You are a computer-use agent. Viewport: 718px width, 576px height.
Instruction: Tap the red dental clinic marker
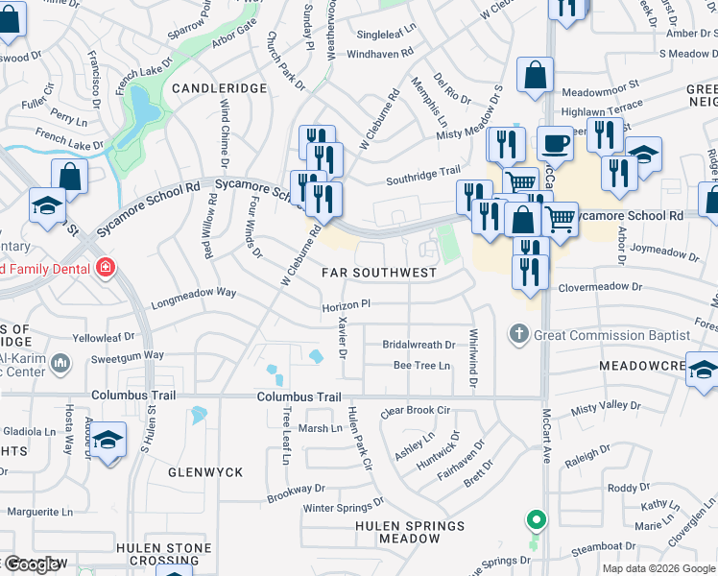pyautogui.click(x=105, y=268)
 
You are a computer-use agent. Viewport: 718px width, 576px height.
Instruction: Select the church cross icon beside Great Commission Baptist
pyautogui.click(x=519, y=335)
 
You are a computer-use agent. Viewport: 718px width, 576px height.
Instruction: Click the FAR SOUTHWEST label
pyautogui.click(x=379, y=273)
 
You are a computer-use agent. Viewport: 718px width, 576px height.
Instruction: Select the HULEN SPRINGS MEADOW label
pyautogui.click(x=410, y=532)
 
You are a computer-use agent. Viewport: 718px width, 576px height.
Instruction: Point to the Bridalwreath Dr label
pyautogui.click(x=419, y=345)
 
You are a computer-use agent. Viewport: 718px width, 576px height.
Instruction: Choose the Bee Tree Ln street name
pyautogui.click(x=421, y=366)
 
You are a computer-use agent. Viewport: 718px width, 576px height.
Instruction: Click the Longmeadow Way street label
pyautogui.click(x=193, y=292)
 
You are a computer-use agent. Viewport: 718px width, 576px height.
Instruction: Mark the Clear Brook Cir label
pyautogui.click(x=416, y=411)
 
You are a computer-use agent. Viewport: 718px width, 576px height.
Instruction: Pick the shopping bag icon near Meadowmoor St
pyautogui.click(x=535, y=77)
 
